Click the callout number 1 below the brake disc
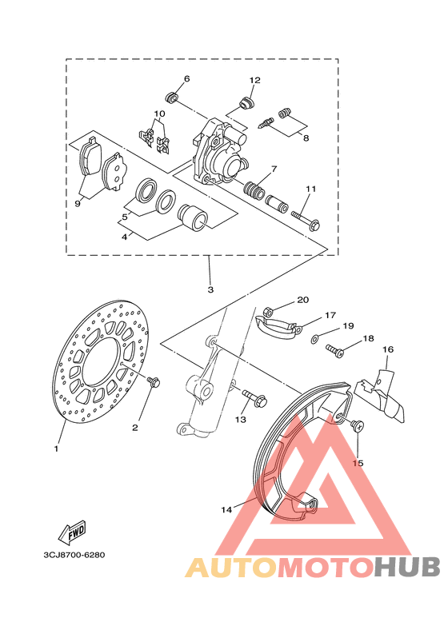(56, 449)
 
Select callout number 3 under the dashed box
(210, 289)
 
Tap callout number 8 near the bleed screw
(305, 137)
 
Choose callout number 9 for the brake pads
(78, 204)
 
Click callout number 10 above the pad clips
(159, 114)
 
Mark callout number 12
(255, 80)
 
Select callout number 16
(388, 349)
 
